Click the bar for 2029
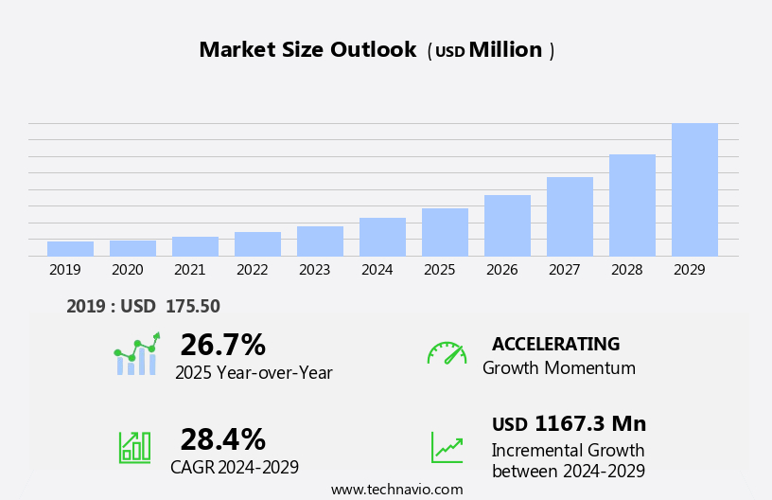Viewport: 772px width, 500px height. (694, 189)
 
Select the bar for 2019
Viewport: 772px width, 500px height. (70, 249)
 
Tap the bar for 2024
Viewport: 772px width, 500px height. (382, 237)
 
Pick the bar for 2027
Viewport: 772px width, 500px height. (570, 216)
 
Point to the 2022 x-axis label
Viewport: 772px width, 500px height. (252, 270)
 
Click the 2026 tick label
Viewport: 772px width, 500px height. (501, 270)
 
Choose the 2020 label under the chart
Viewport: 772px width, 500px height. (127, 270)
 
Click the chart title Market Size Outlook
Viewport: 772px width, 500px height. (307, 50)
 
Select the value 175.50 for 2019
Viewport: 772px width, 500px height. (192, 307)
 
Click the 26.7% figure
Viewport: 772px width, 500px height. (222, 345)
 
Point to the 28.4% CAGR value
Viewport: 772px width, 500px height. (222, 439)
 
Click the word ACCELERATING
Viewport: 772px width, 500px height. (555, 345)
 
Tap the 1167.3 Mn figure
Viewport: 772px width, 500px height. (589, 424)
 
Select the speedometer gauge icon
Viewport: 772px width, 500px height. (447, 353)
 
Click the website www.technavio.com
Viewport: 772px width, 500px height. (396, 490)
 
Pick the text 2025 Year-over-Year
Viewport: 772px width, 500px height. (254, 373)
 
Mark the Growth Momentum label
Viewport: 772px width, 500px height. (558, 368)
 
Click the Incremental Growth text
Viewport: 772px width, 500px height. (568, 451)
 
